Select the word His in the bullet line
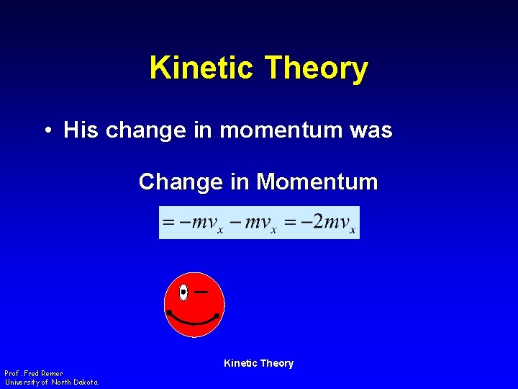click(x=81, y=130)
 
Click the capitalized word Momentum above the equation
click(x=317, y=182)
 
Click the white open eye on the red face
click(x=183, y=292)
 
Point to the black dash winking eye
click(x=201, y=292)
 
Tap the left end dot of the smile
click(x=168, y=312)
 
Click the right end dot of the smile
click(x=217, y=316)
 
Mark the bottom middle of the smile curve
click(x=193, y=323)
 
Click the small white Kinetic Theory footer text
click(x=258, y=364)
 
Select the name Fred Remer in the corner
click(x=44, y=374)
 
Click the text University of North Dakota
click(x=51, y=382)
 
